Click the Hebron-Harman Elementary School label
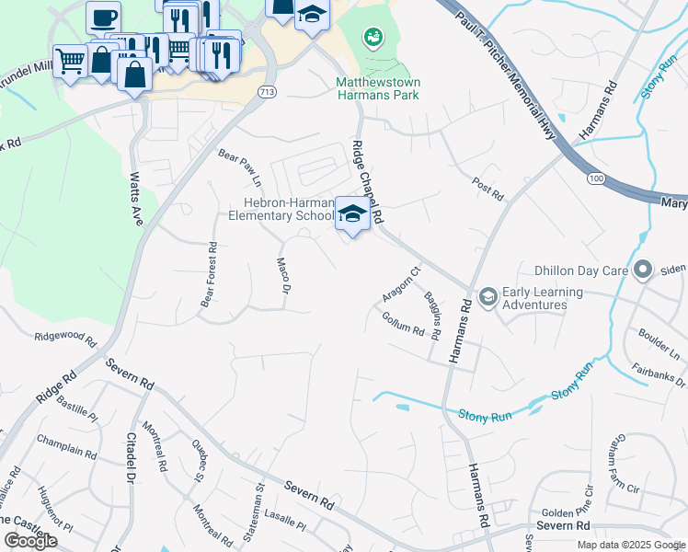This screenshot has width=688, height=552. (281, 210)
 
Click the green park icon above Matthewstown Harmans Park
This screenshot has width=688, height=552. (373, 38)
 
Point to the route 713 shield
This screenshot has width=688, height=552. (267, 92)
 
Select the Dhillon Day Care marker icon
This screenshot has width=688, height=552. (642, 270)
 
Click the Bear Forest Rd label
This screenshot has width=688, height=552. (209, 275)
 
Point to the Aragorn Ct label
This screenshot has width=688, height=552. (401, 284)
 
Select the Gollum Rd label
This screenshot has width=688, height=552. (402, 323)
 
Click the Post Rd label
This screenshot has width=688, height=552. (487, 190)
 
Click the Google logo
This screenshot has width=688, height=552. (30, 541)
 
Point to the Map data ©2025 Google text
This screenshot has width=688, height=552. (631, 545)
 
